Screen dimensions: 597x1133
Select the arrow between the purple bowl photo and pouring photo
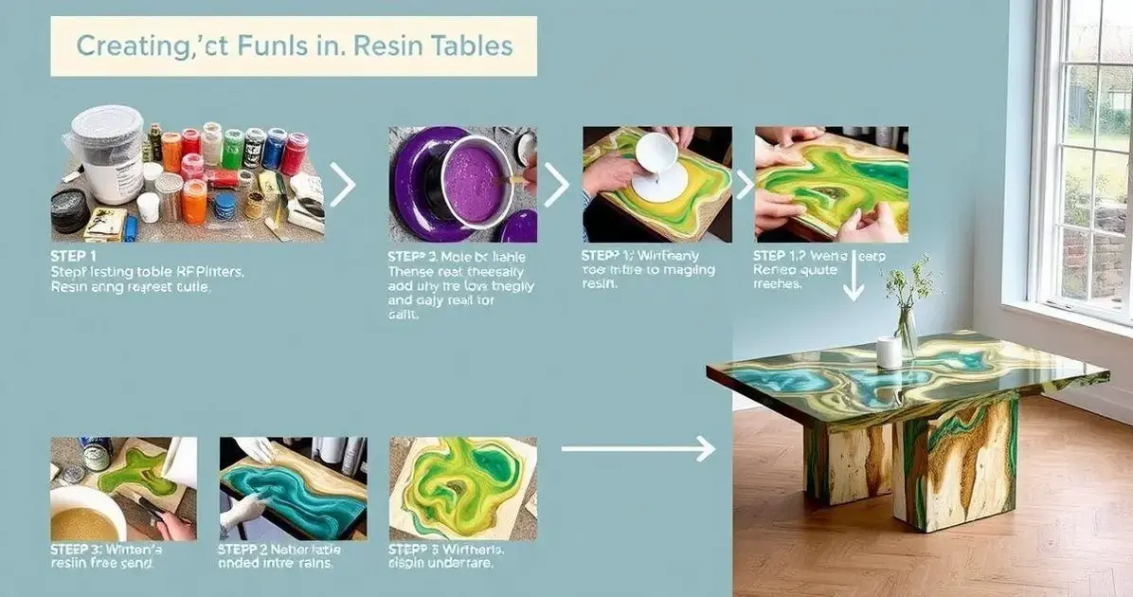556,184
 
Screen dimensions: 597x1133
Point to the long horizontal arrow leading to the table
638,448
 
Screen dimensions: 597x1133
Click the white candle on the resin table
889,353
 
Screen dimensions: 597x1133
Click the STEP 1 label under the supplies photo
72,256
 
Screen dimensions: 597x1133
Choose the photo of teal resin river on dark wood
293,487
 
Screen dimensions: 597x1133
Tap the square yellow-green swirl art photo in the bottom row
462,487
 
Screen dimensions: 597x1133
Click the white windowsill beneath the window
1070,318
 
